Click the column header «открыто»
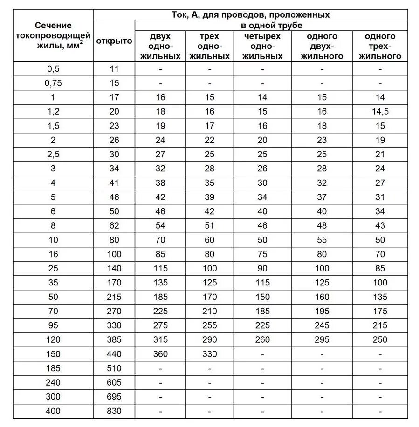point(114,41)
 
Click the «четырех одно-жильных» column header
point(262,46)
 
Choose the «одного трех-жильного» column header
point(380,46)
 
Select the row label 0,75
point(53,83)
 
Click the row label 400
point(53,411)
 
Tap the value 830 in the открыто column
point(114,411)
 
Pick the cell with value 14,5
point(380,112)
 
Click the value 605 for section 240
point(114,383)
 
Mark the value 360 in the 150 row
point(160,354)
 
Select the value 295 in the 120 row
point(322,340)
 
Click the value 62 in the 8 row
point(114,226)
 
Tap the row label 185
point(53,368)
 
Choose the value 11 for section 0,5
point(114,69)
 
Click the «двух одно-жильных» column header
point(160,46)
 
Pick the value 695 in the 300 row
point(114,397)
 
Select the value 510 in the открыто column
point(114,368)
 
